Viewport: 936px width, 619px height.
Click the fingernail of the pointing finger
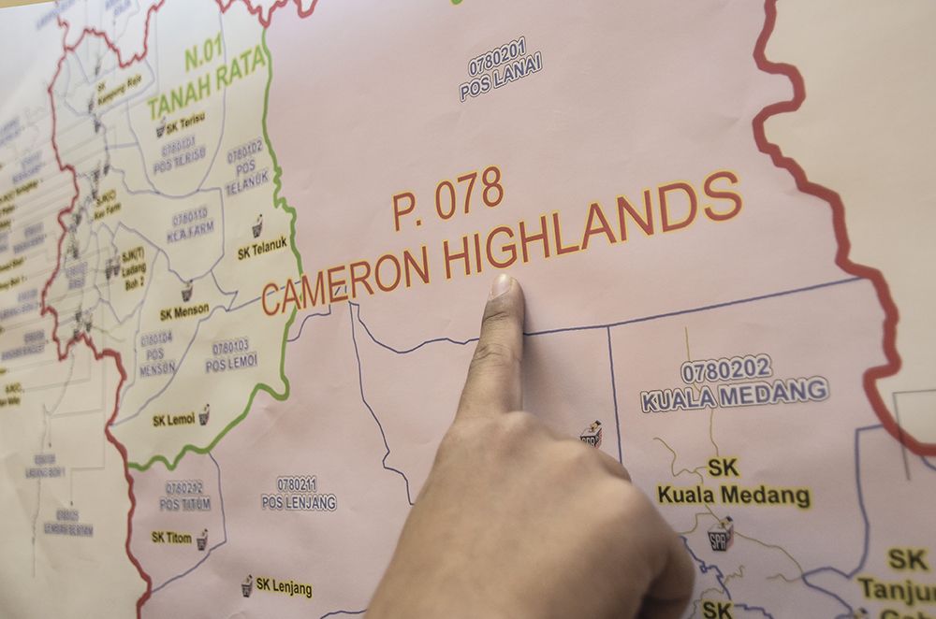pyautogui.click(x=504, y=285)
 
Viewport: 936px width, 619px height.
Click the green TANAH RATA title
pyautogui.click(x=207, y=85)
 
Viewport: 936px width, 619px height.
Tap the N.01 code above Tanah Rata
pyautogui.click(x=207, y=57)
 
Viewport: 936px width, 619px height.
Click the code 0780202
pyautogui.click(x=726, y=368)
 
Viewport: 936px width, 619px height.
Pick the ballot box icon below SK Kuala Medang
pyautogui.click(x=720, y=534)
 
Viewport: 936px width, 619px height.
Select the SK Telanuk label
pyautogui.click(x=256, y=251)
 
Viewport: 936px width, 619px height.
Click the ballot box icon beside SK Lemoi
pyautogui.click(x=204, y=414)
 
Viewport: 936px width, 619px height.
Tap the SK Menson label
pyautogui.click(x=184, y=311)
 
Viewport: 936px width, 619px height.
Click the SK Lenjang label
pyautogui.click(x=285, y=588)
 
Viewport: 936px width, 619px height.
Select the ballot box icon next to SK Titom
pyautogui.click(x=201, y=539)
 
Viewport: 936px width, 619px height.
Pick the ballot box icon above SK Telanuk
pyautogui.click(x=257, y=225)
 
